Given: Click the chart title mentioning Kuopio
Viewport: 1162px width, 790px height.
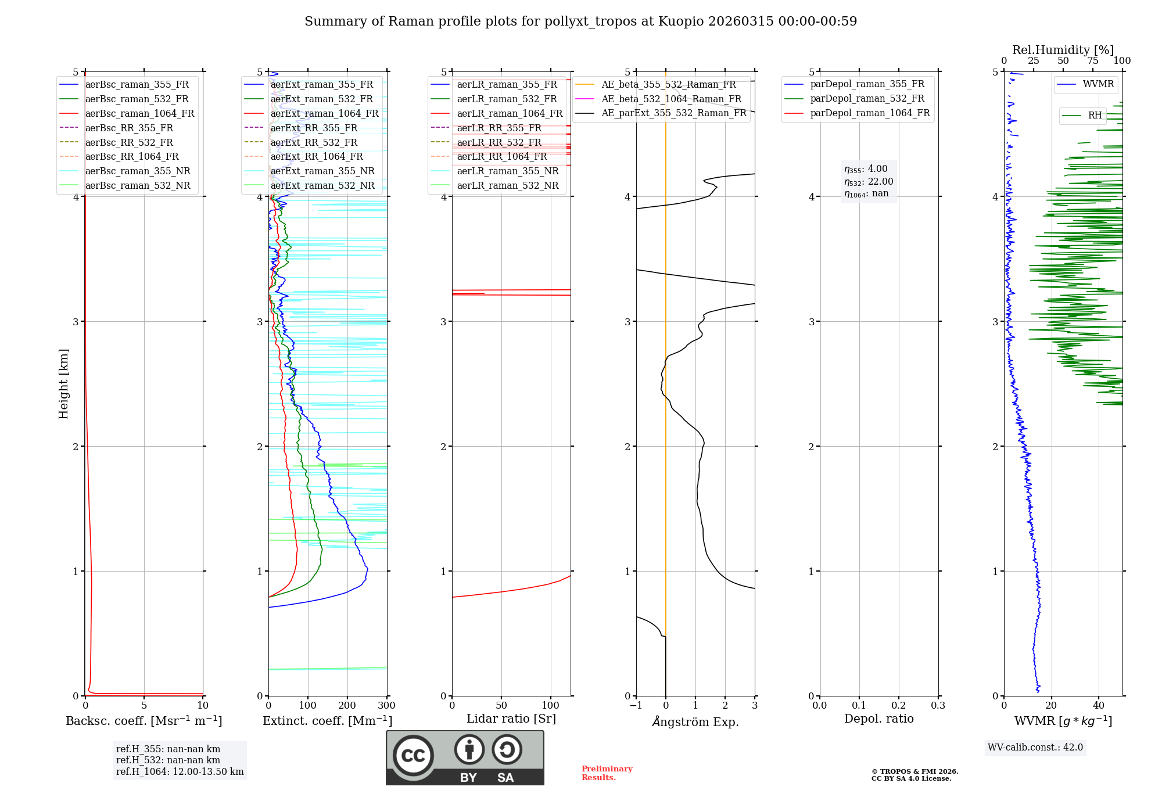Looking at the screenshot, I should tap(580, 21).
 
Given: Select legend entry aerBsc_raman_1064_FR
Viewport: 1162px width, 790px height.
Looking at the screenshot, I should tap(139, 113).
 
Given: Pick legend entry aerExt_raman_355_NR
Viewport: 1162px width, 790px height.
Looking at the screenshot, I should tap(322, 171).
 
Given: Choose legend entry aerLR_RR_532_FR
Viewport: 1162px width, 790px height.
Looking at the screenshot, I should tap(498, 142).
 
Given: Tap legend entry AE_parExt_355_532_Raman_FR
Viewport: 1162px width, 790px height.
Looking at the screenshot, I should tap(673, 113).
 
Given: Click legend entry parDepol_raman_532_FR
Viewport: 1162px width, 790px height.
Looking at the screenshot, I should tap(867, 99).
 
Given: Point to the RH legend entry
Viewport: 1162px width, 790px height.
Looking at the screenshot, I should tap(1095, 116).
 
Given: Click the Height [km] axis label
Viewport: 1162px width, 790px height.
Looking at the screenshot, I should tap(63, 384).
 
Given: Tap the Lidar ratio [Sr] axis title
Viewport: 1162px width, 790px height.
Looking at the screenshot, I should tap(511, 719).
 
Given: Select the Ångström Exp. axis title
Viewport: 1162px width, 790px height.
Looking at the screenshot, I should tap(695, 722).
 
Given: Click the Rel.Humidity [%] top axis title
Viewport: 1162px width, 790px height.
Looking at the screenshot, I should tap(1063, 50).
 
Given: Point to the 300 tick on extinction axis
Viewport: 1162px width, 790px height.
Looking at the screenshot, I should tap(386, 706).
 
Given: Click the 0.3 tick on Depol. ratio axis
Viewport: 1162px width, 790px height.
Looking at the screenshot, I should tap(938, 706).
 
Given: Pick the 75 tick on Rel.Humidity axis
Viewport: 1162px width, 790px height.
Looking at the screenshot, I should tap(1092, 61).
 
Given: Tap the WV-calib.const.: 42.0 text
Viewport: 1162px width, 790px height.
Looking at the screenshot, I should tap(1035, 748).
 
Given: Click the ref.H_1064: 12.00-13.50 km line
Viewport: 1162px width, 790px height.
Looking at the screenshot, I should tap(180, 772).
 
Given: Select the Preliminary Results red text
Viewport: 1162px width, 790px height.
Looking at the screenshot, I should tap(607, 773).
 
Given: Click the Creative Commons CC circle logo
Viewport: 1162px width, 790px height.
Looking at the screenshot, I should tap(413, 756).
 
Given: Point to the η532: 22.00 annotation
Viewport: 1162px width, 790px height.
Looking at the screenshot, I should tap(869, 182).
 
